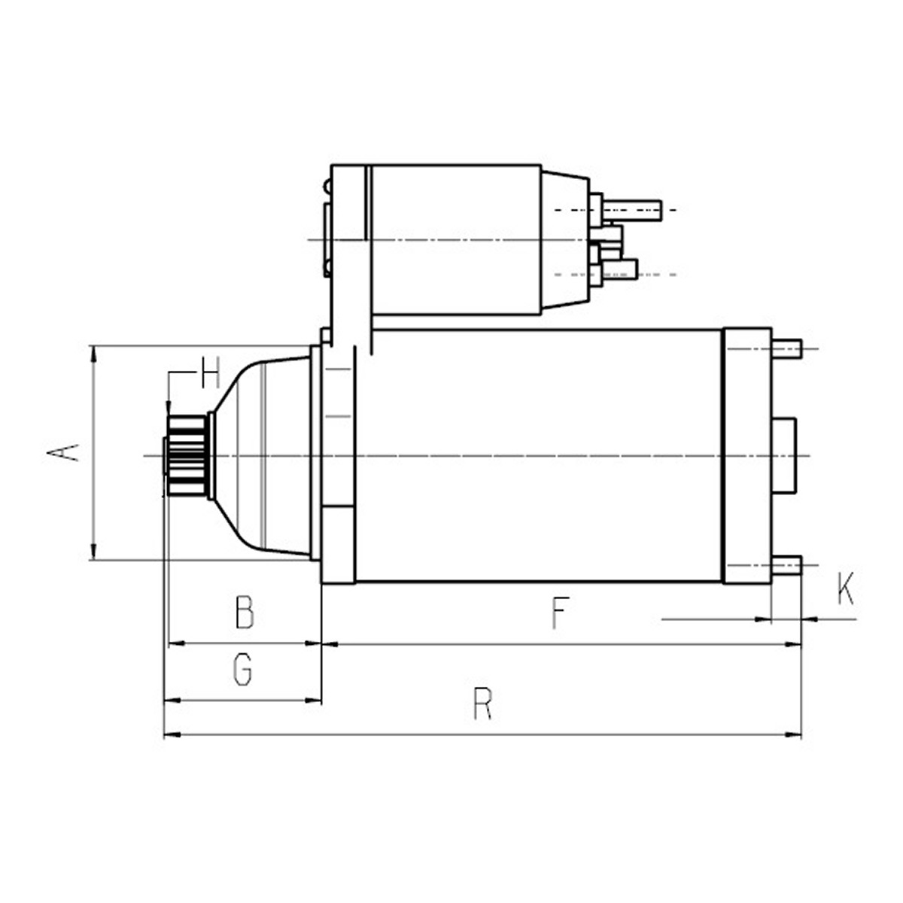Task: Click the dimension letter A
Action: coord(62,453)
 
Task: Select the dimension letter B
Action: coord(245,612)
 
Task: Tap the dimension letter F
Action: coord(561,613)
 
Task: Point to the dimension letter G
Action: coord(243,670)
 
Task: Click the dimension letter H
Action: coord(211,372)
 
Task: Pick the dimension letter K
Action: coord(846,588)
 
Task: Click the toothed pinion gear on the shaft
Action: coord(186,455)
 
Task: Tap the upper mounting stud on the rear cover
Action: coord(787,348)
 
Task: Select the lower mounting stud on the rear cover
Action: coord(787,565)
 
